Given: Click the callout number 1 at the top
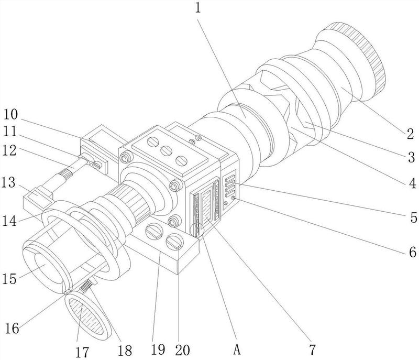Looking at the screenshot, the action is (198, 7).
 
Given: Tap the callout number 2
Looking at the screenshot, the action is (410, 134).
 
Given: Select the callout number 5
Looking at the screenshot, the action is (413, 217).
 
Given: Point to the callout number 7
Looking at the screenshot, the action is (312, 350).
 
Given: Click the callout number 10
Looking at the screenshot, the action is (10, 114).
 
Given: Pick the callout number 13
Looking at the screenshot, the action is (9, 183).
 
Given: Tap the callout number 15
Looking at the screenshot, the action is (9, 278).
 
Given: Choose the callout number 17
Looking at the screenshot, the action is (82, 352).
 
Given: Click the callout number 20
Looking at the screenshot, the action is (182, 350).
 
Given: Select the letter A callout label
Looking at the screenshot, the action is (237, 350).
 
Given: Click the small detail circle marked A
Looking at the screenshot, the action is (197, 230).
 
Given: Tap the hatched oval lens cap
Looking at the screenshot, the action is (87, 315).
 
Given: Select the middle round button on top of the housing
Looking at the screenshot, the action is (166, 151).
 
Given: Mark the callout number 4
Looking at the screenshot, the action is (413, 183).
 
